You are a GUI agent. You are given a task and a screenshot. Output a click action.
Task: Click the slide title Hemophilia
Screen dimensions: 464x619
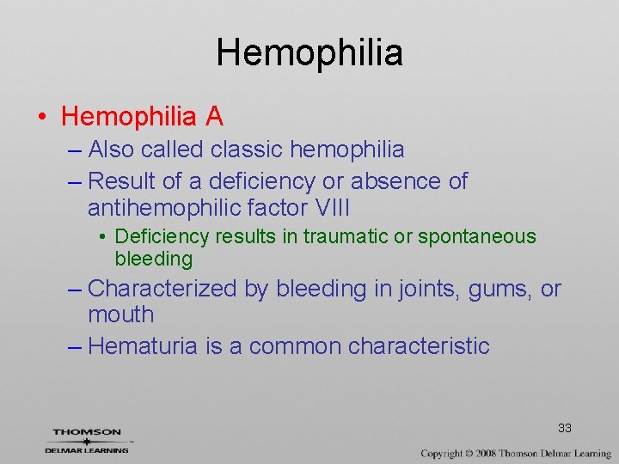309,52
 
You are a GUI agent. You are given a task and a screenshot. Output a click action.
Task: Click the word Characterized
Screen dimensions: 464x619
162,289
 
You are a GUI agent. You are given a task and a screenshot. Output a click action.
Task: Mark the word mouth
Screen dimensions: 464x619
121,314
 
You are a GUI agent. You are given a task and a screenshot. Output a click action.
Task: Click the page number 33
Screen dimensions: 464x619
565,428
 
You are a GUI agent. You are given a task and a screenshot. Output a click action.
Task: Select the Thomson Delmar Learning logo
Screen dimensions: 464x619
87,440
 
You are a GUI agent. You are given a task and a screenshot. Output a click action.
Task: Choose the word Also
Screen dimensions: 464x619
111,150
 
